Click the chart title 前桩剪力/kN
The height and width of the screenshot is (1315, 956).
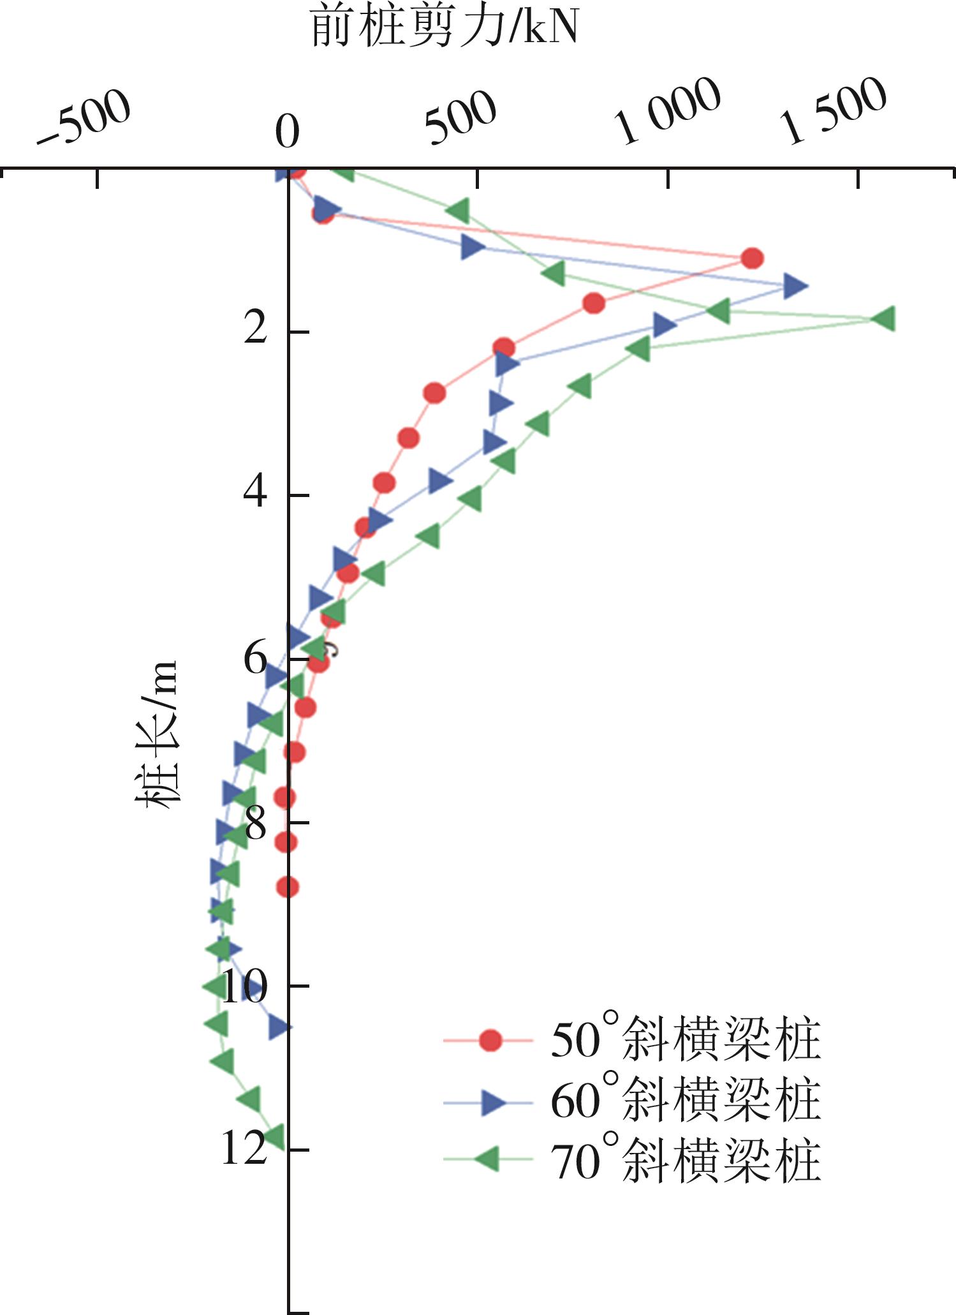[x=445, y=28]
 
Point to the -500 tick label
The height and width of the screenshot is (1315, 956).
[x=84, y=119]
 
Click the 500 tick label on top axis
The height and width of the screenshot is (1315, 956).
[x=460, y=118]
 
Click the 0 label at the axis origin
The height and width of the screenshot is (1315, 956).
[x=287, y=133]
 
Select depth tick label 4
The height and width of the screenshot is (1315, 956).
[x=254, y=494]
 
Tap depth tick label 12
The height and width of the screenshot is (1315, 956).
[x=243, y=1149]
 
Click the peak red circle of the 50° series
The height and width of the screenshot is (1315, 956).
[x=753, y=258]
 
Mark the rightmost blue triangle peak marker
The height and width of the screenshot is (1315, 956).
[x=795, y=286]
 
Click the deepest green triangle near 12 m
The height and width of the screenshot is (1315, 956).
[x=274, y=1136]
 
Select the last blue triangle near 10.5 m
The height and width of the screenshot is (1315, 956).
[x=279, y=1027]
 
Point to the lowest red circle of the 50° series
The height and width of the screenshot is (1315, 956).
[x=288, y=887]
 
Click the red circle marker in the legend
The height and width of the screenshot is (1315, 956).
[x=489, y=1041]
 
